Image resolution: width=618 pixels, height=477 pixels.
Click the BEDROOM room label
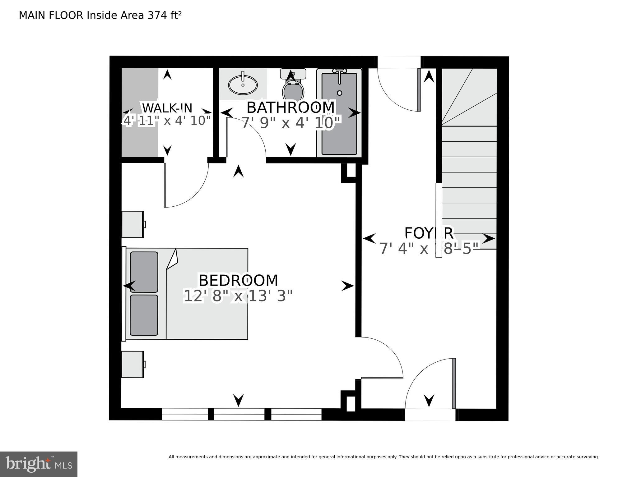click(x=238, y=281)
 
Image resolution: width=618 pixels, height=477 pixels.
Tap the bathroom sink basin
click(x=243, y=85)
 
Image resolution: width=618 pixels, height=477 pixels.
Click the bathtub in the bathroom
click(x=339, y=118)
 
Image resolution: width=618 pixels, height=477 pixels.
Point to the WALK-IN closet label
click(x=167, y=108)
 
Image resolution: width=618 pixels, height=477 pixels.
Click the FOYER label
click(x=429, y=233)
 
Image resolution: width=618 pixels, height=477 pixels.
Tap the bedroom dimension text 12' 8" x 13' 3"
click(x=238, y=296)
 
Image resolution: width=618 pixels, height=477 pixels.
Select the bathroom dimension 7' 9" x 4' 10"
click(x=291, y=123)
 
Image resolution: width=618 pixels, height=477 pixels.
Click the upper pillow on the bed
click(x=144, y=272)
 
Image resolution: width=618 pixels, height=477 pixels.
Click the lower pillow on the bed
click(x=144, y=315)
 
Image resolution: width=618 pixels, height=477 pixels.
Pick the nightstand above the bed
click(x=133, y=224)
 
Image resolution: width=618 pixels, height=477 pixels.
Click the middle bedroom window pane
click(x=239, y=414)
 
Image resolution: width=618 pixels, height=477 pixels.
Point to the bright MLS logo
click(x=39, y=464)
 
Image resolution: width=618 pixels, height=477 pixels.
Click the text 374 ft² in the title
click(x=165, y=15)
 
